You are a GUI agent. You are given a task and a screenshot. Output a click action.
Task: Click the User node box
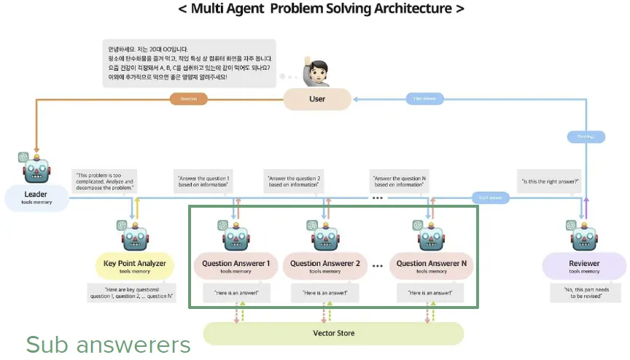pyautogui.click(x=317, y=99)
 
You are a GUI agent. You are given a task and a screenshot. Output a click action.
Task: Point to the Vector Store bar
pyautogui.click(x=333, y=333)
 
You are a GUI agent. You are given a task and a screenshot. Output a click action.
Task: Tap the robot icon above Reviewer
pyautogui.click(x=584, y=236)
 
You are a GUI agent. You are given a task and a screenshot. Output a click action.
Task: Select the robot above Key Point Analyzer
pyautogui.click(x=135, y=235)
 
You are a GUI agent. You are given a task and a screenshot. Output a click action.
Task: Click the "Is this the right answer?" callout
pyautogui.click(x=548, y=181)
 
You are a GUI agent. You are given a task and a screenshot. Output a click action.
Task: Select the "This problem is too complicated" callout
pyautogui.click(x=103, y=181)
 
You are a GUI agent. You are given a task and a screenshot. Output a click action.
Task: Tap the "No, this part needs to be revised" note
pyautogui.click(x=583, y=293)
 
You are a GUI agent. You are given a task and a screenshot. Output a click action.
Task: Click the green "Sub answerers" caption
pyautogui.click(x=108, y=344)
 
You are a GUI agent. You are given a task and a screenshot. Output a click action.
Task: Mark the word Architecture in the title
pyautogui.click(x=408, y=9)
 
